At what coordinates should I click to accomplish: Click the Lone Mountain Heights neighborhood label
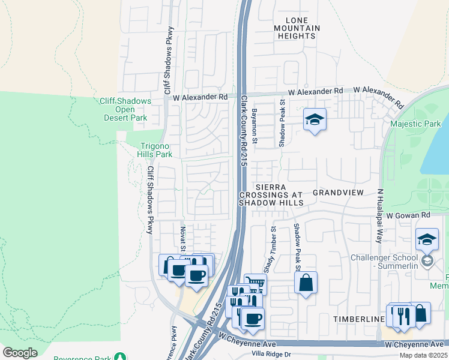(x=297, y=28)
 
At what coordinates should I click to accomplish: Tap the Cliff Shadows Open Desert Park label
(x=125, y=109)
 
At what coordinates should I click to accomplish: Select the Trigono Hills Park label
(x=156, y=150)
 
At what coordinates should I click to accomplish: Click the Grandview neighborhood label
(x=338, y=193)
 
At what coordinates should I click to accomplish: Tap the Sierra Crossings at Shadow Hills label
(x=271, y=195)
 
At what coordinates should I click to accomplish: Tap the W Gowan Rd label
(x=409, y=215)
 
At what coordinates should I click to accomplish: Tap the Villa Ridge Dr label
(x=271, y=354)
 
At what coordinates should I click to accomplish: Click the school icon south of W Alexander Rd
(x=315, y=120)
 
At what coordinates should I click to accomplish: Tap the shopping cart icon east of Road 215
(x=255, y=283)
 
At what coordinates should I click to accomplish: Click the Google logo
(x=20, y=353)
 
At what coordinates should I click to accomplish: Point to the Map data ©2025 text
(x=423, y=355)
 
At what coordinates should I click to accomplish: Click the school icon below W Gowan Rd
(x=427, y=239)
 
